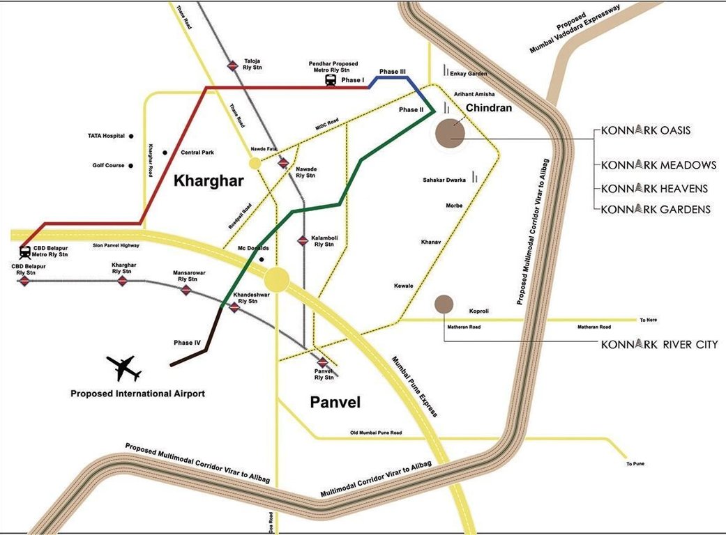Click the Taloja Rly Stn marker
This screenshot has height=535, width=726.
(x=234, y=65)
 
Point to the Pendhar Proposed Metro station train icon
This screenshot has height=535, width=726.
(x=331, y=80)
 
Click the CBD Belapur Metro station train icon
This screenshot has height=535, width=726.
(x=25, y=251)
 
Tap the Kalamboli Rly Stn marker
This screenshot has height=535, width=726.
(x=303, y=240)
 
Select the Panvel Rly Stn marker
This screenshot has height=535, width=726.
(x=322, y=362)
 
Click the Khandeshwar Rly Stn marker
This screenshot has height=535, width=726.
(x=234, y=307)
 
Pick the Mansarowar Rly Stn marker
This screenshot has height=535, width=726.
(x=186, y=290)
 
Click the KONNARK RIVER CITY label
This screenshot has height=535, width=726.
(x=659, y=344)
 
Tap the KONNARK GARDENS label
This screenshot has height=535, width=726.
(x=656, y=209)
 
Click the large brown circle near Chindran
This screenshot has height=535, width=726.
(x=450, y=134)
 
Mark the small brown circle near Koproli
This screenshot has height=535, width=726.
(x=444, y=304)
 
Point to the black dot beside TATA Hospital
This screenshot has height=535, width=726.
(x=130, y=136)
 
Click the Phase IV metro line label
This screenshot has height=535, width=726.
(x=187, y=343)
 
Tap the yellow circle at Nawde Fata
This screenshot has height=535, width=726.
(x=255, y=163)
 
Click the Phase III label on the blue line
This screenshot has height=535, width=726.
(x=393, y=72)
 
